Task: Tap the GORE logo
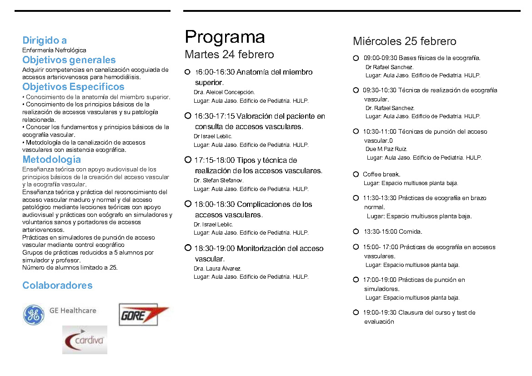pyautogui.click(x=143, y=315)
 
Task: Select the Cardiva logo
pyautogui.click(x=85, y=340)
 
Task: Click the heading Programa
pyautogui.click(x=225, y=37)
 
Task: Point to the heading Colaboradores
pyautogui.click(x=57, y=286)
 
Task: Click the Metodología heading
pyautogui.click(x=52, y=160)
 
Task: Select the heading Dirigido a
pyautogui.click(x=45, y=40)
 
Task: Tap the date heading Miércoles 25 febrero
pyautogui.click(x=404, y=41)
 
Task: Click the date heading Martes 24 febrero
pyautogui.click(x=229, y=55)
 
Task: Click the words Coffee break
pyautogui.click(x=381, y=175)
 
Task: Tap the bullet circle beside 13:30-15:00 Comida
pyautogui.click(x=356, y=231)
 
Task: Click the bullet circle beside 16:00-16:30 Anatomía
pyautogui.click(x=187, y=72)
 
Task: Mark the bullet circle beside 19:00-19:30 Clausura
pyautogui.click(x=356, y=312)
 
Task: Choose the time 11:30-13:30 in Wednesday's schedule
pyautogui.click(x=379, y=198)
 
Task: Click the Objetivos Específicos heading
pyautogui.click(x=73, y=87)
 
